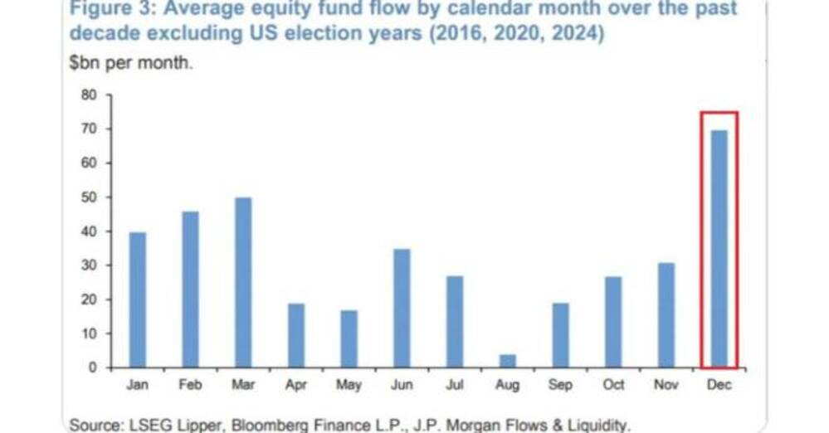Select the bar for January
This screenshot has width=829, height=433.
tap(138, 299)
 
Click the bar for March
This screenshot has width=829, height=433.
tap(243, 282)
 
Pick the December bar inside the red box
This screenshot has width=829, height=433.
tap(719, 249)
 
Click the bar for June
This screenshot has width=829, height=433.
tap(402, 308)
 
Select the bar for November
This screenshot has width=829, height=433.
tap(666, 314)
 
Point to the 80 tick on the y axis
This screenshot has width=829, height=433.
tap(89, 95)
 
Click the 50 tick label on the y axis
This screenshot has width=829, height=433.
tap(89, 197)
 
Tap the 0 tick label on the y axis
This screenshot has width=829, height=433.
tap(92, 367)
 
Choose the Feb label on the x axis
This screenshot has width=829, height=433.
tap(190, 386)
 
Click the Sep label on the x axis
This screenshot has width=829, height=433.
tap(560, 386)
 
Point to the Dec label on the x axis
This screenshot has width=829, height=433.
tap(719, 386)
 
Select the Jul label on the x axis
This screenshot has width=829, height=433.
tap(455, 386)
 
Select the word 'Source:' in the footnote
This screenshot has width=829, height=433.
tap(95, 425)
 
